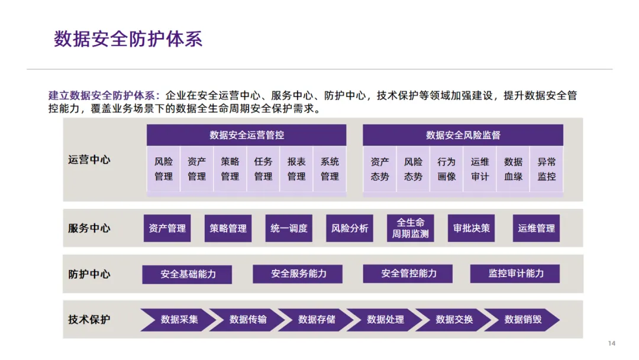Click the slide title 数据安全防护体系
tap(128, 39)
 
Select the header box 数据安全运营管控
tap(247, 135)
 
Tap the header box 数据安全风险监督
tap(463, 135)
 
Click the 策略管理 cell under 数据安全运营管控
tap(230, 169)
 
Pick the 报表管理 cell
tap(296, 169)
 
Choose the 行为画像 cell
tap(447, 169)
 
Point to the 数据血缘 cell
tap(513, 169)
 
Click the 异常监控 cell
tap(546, 169)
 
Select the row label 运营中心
tap(89, 160)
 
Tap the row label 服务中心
tap(89, 228)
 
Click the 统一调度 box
tap(289, 228)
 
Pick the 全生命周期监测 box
tap(411, 228)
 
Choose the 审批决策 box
tap(472, 228)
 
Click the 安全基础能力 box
tap(188, 274)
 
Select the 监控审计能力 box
tap(515, 274)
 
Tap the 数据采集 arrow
tap(179, 320)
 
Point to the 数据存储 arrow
tap(317, 320)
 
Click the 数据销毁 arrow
tap(522, 320)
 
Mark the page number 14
tap(612, 344)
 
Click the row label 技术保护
tap(89, 320)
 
